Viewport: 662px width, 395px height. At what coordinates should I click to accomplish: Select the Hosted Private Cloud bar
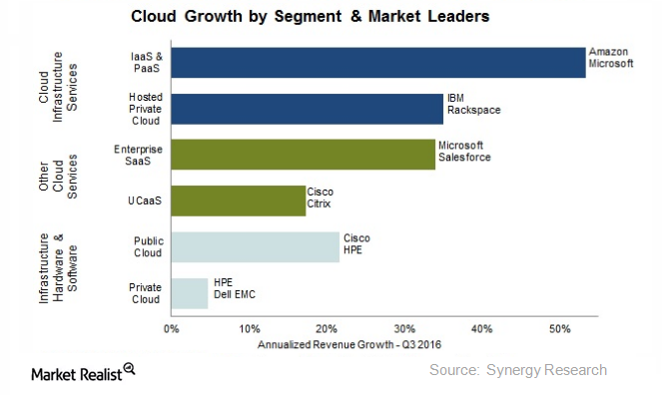[307, 109]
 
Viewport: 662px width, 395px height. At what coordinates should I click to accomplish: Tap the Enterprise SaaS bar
[303, 154]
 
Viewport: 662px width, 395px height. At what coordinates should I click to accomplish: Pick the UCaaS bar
[238, 200]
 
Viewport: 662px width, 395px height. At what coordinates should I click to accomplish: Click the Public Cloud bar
[255, 246]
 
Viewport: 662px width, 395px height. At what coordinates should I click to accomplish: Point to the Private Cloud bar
[190, 292]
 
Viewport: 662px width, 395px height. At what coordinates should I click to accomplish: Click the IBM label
[456, 98]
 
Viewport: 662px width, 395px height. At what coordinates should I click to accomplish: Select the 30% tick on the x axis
[403, 329]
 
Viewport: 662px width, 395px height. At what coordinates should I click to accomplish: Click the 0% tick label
[172, 329]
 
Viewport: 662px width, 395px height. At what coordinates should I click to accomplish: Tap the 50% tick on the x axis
[559, 329]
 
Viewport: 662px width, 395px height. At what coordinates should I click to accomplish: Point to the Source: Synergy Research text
[517, 370]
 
